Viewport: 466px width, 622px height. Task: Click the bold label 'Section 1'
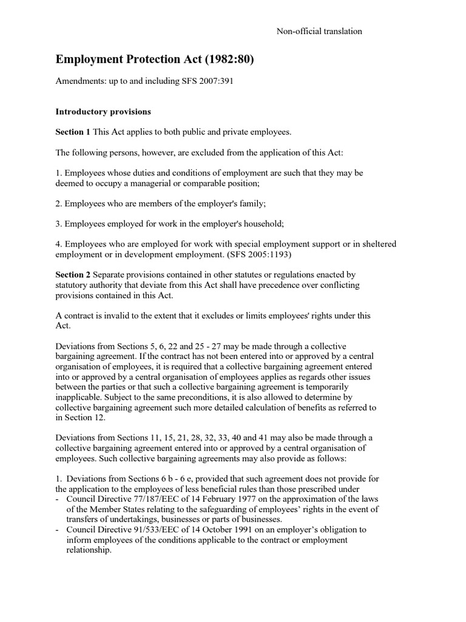pyautogui.click(x=73, y=132)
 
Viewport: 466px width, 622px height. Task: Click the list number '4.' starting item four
pyautogui.click(x=59, y=244)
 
